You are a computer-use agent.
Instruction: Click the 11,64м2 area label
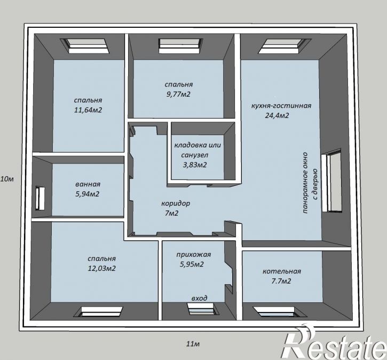(88, 110)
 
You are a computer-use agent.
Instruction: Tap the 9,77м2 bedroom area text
(178, 95)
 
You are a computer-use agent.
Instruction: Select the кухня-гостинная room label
(281, 106)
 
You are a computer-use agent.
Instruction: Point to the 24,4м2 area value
(277, 115)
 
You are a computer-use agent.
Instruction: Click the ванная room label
(88, 184)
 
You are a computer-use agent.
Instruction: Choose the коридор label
(176, 204)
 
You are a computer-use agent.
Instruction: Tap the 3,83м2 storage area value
(194, 165)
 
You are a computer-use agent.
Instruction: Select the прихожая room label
(193, 254)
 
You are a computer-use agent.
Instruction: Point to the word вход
(200, 298)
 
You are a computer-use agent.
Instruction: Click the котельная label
(282, 271)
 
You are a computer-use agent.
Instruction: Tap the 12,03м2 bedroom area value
(101, 268)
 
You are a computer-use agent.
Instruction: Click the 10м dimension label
(7, 179)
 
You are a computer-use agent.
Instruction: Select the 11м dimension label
(193, 343)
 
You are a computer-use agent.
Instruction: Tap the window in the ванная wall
(40, 199)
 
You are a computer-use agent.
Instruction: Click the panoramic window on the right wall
(331, 180)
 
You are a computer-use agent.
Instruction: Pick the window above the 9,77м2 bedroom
(180, 46)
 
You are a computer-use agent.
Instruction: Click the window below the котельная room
(280, 311)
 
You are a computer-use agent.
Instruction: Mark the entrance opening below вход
(203, 309)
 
